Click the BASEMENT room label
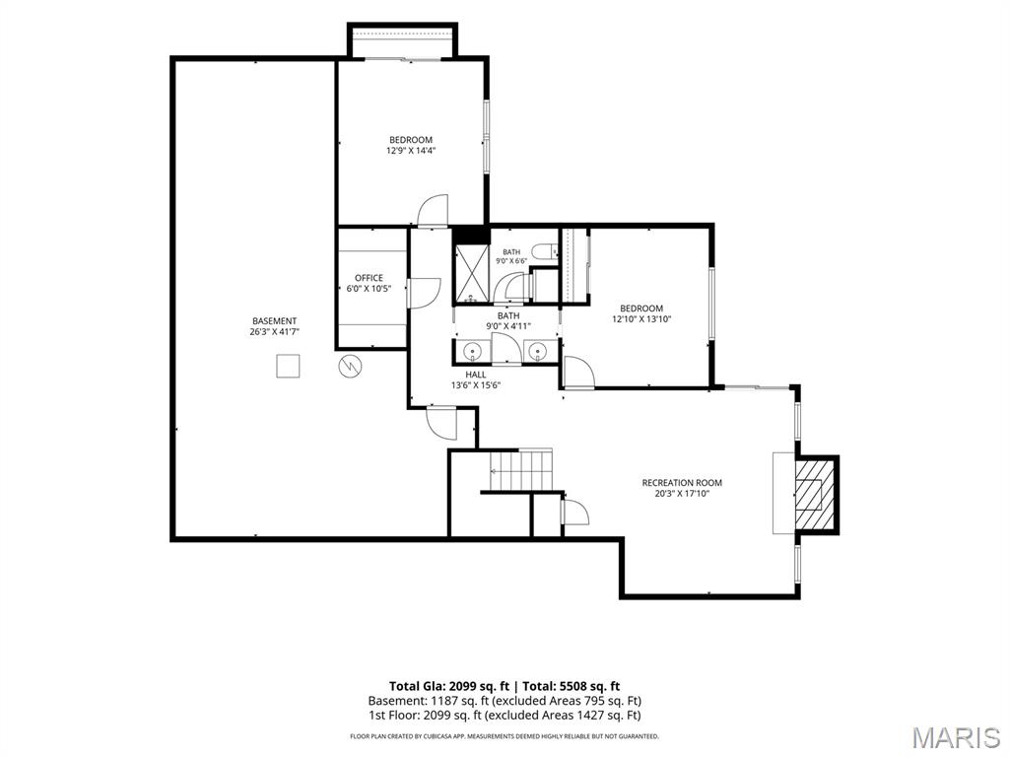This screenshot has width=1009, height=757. coord(274,321)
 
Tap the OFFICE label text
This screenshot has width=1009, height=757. coord(369,278)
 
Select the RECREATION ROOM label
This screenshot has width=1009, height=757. coord(682,483)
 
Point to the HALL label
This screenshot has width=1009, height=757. coord(476,375)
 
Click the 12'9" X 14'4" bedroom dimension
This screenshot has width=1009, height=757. coord(411,151)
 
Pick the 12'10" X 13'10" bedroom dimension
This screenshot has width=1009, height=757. coord(641,318)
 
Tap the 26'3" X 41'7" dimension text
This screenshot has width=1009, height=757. coord(275,332)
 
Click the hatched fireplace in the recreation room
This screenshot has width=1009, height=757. coord(815,494)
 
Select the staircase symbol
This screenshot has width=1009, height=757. coord(520,470)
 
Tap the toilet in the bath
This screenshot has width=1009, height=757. coord(544,251)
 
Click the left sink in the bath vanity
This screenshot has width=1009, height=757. coord(473,352)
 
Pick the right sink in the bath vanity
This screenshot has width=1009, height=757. coord(537,352)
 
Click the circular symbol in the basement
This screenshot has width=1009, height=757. coord(351,367)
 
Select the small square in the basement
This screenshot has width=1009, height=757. coord(288,367)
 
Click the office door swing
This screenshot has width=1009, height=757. coord(424,293)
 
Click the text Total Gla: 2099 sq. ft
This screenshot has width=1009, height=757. coord(448,686)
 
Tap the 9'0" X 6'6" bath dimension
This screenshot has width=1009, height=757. coord(511,261)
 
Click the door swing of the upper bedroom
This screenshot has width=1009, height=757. coord(433,211)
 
